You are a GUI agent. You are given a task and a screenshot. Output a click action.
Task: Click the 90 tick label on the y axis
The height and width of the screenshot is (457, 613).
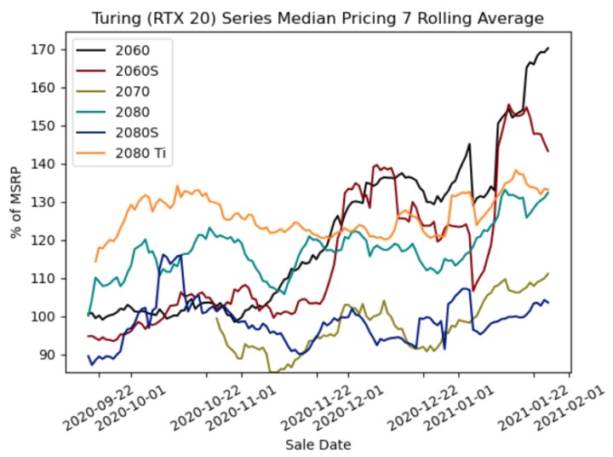click(49, 355)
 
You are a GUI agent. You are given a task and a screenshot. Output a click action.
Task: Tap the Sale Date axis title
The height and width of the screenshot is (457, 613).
click(317, 444)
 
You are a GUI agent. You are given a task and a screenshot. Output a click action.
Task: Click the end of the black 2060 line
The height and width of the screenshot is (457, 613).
click(548, 48)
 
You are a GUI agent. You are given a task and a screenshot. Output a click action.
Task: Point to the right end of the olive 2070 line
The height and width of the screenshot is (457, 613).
click(548, 273)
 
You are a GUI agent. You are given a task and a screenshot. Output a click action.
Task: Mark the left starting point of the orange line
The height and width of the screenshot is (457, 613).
click(95, 262)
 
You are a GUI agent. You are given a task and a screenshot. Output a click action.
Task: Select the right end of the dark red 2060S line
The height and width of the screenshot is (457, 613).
click(548, 152)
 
